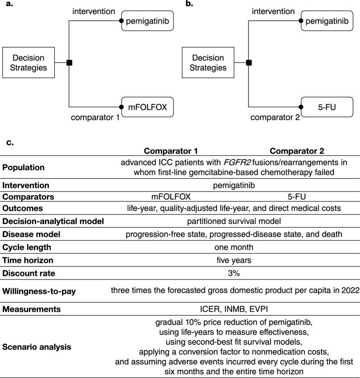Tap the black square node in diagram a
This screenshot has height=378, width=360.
pos(69,63)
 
